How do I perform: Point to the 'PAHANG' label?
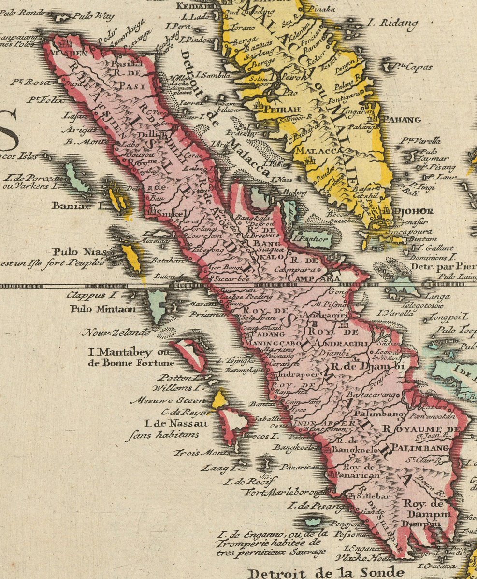point(401,119)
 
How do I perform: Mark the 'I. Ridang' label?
point(385,22)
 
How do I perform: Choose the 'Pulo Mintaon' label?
point(103,309)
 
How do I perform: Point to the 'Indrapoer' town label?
point(295,374)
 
